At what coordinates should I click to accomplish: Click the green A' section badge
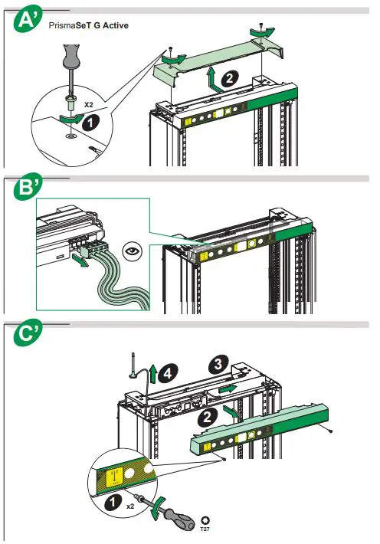coord(28,19)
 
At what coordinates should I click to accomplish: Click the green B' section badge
coord(28,187)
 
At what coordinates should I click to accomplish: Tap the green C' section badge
coord(28,333)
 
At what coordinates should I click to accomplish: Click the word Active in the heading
coord(115,25)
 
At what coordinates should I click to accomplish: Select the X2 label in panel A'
coord(89,104)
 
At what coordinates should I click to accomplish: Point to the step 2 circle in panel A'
coord(229,79)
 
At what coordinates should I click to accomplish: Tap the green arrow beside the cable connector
coord(80,261)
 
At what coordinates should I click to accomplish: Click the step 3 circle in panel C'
coord(218,364)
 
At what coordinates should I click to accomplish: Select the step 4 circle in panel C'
coord(168,374)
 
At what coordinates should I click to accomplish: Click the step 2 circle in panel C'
coord(208,416)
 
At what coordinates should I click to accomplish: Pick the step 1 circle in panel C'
coord(113,502)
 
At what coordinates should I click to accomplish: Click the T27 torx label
coord(205,524)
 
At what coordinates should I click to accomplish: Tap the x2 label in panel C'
coord(130,506)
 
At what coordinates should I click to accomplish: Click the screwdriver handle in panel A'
coord(70,55)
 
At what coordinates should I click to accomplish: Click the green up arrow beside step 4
coord(152,374)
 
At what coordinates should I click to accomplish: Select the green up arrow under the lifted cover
coord(213,80)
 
